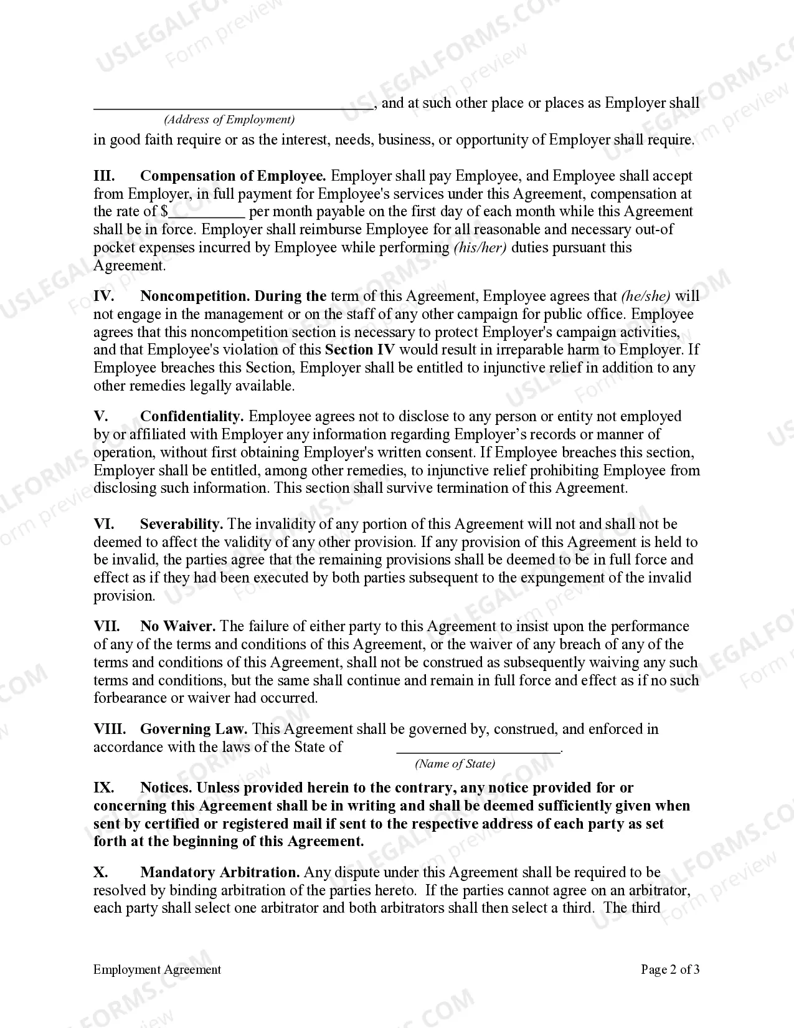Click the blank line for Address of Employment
(233, 106)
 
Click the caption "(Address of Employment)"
(229, 120)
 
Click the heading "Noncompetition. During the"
(233, 296)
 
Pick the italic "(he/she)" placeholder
(646, 296)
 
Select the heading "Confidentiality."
(192, 416)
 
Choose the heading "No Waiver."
(178, 626)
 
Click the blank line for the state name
(478, 750)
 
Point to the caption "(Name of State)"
(455, 764)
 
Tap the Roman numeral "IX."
(103, 788)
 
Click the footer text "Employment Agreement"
(157, 969)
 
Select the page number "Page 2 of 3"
(670, 969)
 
